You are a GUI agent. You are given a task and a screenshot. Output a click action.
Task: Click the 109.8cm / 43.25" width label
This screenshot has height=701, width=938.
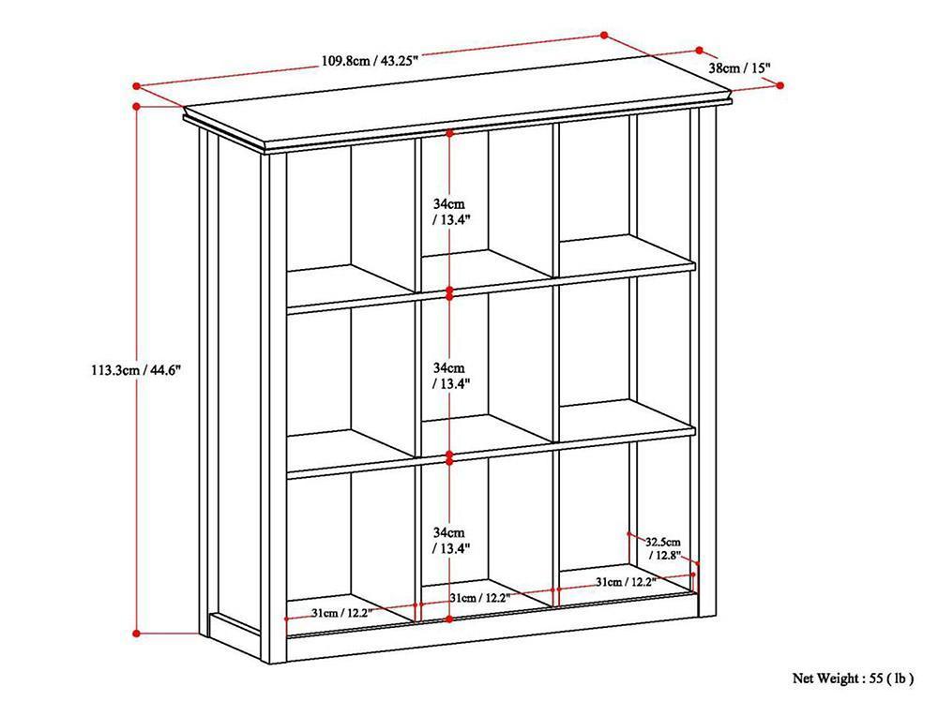coord(370,60)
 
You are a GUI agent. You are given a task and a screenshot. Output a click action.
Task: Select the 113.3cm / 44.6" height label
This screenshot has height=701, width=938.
coord(136,370)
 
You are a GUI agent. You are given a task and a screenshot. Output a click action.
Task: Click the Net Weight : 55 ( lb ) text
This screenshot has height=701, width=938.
coord(853,679)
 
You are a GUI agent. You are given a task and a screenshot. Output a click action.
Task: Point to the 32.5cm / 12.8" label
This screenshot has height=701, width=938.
coord(663,548)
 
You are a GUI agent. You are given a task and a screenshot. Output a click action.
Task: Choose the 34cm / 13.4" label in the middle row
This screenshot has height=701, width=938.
coord(450,376)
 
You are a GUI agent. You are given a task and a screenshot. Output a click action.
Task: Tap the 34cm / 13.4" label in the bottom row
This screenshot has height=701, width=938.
coord(450,540)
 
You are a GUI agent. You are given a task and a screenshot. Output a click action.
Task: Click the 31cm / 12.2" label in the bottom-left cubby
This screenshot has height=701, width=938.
coord(341,613)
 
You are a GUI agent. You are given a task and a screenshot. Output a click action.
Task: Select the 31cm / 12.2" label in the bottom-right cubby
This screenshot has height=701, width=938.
coord(626,581)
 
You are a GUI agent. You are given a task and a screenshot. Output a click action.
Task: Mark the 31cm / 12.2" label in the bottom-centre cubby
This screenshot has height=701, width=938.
coord(479,597)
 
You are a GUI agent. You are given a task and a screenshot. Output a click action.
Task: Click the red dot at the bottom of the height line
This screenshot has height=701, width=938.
coord(136,634)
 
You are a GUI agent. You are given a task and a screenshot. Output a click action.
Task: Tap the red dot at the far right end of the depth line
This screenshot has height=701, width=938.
coord(780,85)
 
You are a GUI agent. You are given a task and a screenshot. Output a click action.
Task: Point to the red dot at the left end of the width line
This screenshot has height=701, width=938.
coord(136,86)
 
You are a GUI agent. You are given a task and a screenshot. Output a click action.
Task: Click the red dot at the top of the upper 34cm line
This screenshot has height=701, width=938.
coord(450,133)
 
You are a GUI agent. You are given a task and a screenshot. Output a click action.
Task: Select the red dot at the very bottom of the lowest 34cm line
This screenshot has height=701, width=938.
coord(450,619)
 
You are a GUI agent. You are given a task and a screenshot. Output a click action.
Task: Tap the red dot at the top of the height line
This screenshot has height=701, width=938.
coord(136,107)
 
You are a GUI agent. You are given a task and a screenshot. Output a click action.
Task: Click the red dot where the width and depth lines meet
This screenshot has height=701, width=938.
coord(604,36)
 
